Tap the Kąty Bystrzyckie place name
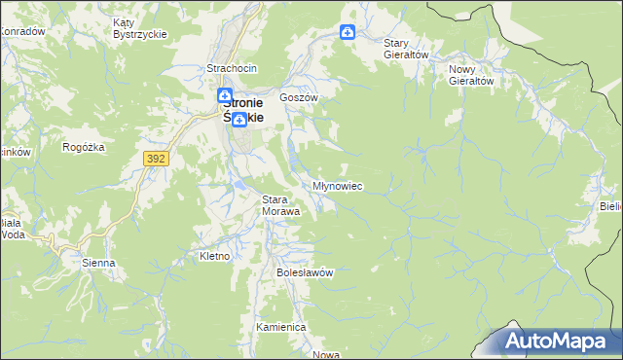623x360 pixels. click(140, 28)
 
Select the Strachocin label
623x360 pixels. click(231, 68)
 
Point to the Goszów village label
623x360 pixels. click(299, 98)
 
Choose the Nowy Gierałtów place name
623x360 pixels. click(472, 75)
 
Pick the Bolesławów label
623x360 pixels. click(305, 272)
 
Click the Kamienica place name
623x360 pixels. click(281, 328)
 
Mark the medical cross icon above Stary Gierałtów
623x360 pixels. click(348, 32)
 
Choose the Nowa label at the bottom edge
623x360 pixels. click(326, 354)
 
